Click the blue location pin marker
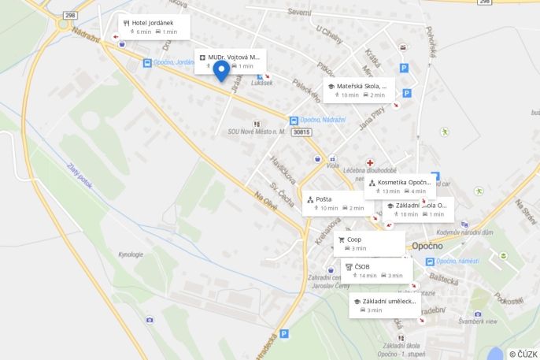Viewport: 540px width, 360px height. coord(222,72)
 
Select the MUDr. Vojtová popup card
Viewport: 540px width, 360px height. coord(230,61)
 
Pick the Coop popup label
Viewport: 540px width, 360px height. coord(369,243)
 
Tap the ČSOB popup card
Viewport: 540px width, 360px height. coord(376,270)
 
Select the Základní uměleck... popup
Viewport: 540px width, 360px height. coord(385,305)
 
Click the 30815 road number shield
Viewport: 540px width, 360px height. coord(301,132)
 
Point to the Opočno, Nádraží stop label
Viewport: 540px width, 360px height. coord(323,121)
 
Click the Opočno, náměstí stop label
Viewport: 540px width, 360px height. coord(457,261)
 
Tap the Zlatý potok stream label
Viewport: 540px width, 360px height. coord(80,175)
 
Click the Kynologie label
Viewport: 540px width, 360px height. coord(131,254)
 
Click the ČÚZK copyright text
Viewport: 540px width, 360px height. coord(523,354)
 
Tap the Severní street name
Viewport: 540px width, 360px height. coord(299,13)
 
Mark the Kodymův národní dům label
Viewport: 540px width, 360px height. coord(464,232)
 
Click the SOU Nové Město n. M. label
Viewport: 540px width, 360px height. coord(257,132)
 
